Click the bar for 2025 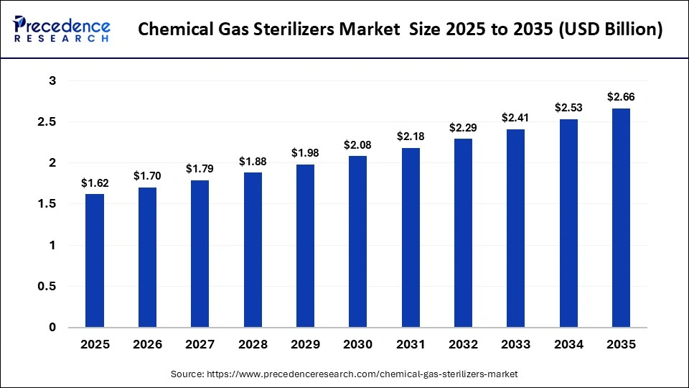pos(95,260)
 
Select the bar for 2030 pos(358,241)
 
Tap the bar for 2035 pos(621,218)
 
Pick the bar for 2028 pos(253,250)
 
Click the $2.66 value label pos(621,97)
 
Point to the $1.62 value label pos(95,183)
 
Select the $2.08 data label pos(358,145)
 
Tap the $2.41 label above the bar pos(515,117)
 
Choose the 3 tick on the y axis pos(52,81)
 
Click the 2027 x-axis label pos(200,345)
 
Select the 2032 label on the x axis pos(463,345)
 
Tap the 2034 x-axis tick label pos(568,345)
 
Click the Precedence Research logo pos(62,29)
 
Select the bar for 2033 pos(515,228)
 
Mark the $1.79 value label pos(200,169)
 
